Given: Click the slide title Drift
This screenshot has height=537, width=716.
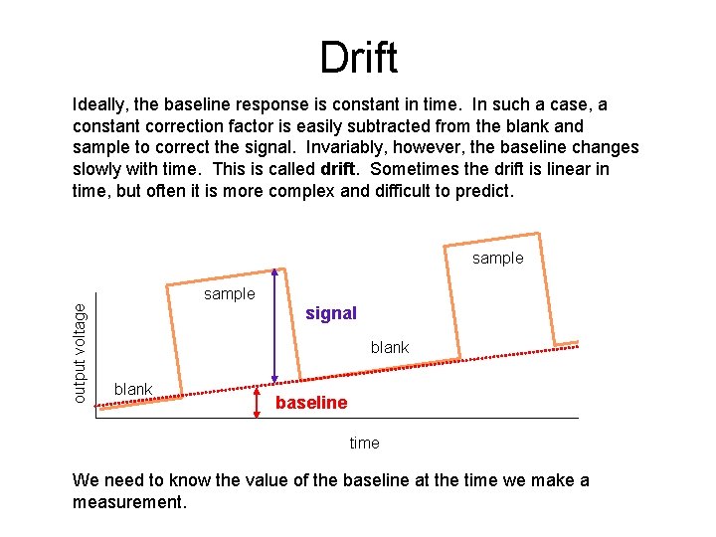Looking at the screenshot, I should pyautogui.click(x=358, y=58).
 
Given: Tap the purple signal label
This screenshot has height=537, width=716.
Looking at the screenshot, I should pyautogui.click(x=331, y=313).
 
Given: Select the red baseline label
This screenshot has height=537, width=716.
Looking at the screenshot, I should pyautogui.click(x=311, y=403).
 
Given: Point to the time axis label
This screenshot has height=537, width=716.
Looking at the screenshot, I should pyautogui.click(x=364, y=443).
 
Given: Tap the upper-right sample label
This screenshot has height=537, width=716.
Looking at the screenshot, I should pyautogui.click(x=497, y=259).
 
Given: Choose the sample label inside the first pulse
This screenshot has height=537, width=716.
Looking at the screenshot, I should pyautogui.click(x=229, y=294).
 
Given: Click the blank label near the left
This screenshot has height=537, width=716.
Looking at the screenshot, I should pyautogui.click(x=133, y=388).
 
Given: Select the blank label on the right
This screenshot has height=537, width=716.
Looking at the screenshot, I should pyautogui.click(x=390, y=347).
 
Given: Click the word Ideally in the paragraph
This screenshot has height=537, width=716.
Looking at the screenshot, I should pyautogui.click(x=100, y=104).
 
